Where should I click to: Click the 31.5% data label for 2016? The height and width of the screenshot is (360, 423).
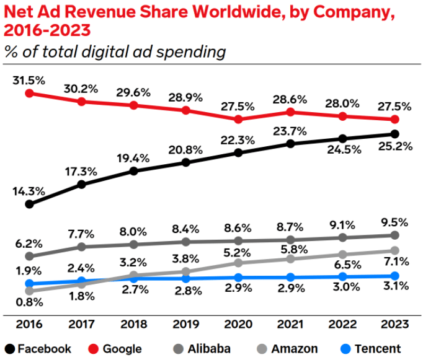coord(29,80)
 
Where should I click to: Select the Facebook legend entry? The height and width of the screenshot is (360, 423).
coord(38,349)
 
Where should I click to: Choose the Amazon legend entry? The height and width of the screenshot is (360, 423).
coord(287,349)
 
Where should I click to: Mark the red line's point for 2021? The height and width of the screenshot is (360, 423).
coord(290,112)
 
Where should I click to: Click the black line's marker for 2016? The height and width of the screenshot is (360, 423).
coord(29,203)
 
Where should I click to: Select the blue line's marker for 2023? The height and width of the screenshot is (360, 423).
coord(394,276)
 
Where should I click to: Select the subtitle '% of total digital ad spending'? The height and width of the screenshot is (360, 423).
coord(115,51)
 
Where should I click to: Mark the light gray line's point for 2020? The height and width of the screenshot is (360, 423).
coord(238,263)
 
